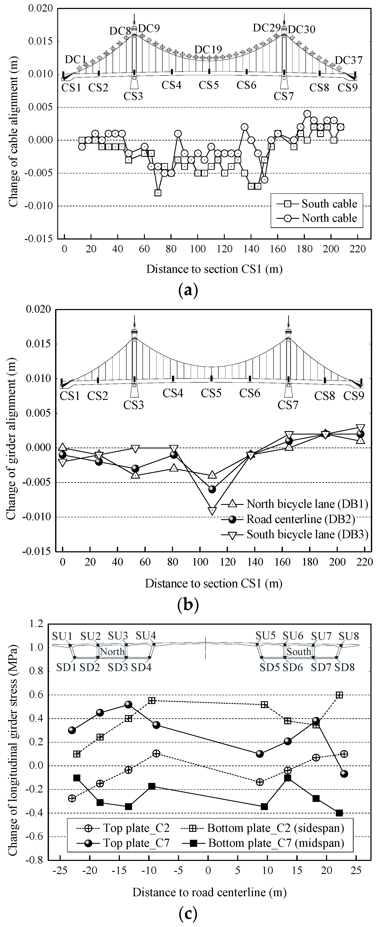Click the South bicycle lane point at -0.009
(212, 511)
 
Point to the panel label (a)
(188, 290)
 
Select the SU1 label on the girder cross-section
(62, 636)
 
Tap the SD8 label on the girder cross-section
(344, 668)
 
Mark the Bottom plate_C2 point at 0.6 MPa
(339, 695)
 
